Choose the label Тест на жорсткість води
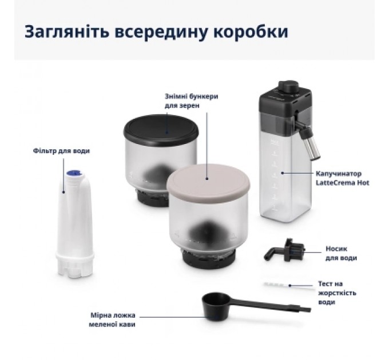(336, 293)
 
